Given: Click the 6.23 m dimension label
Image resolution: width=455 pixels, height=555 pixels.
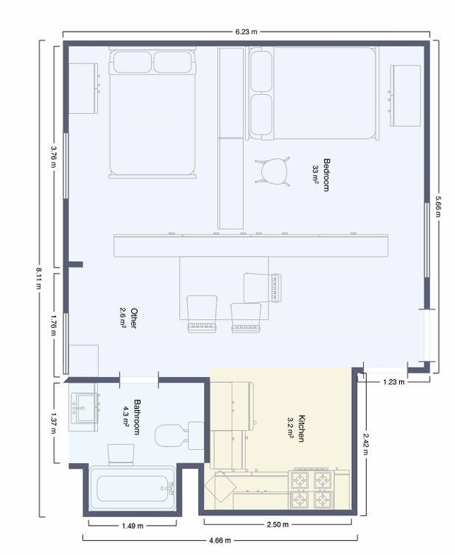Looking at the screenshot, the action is pos(246,32).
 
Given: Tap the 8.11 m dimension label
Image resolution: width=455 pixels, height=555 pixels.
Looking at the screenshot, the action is pos(38,278).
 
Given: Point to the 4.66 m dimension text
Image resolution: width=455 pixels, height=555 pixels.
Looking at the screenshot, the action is pos(220,540).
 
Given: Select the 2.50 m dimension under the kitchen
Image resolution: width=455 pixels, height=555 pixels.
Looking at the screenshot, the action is pos(278,524).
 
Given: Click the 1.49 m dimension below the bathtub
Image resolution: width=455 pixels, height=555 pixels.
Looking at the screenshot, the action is pos(133,526).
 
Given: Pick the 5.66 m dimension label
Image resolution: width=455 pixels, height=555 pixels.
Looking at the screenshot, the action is pos(438,207).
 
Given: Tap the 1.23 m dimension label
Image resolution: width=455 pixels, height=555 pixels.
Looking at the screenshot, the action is pos(394,382).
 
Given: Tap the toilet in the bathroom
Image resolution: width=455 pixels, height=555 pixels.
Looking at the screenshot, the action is pos(180,435).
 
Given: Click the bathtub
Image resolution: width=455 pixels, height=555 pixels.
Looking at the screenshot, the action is pos(133,488).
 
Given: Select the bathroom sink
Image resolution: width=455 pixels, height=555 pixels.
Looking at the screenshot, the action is pos(85,408).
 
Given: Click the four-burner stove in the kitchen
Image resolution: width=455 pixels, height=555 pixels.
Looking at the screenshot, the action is pos(311,490).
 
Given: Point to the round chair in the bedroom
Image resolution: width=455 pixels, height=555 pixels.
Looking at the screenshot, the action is pos(272,171).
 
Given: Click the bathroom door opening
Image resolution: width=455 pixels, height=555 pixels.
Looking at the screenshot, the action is pos(138,380).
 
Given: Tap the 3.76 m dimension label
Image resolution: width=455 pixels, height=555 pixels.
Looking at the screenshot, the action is pos(53,157).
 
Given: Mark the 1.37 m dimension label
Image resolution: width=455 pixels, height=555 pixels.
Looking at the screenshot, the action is pos(53,423).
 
